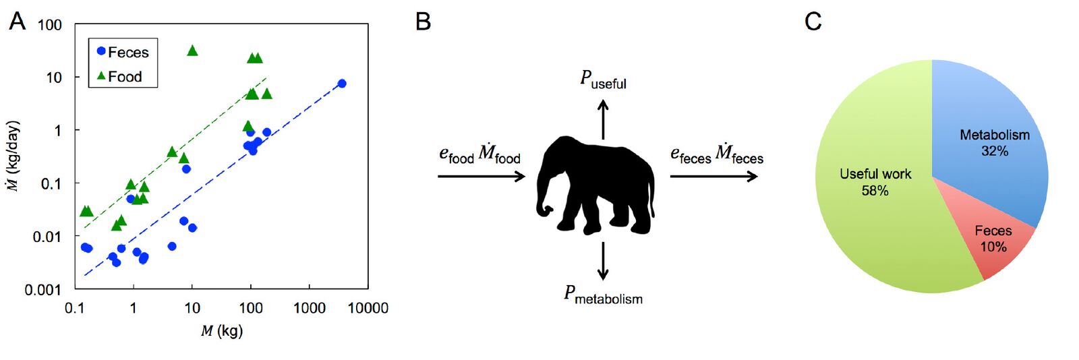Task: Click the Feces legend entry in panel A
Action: point(123,52)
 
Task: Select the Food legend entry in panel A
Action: point(119,76)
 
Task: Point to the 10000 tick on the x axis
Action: point(368,308)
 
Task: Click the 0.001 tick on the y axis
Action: point(43,289)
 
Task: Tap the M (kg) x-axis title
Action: point(221,331)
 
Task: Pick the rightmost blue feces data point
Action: point(342,84)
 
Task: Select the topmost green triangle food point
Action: point(192,51)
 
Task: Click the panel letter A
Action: point(17,22)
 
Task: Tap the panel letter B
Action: point(423,22)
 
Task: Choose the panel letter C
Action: point(813,22)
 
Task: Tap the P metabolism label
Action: point(603,295)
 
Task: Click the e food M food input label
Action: point(479,154)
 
